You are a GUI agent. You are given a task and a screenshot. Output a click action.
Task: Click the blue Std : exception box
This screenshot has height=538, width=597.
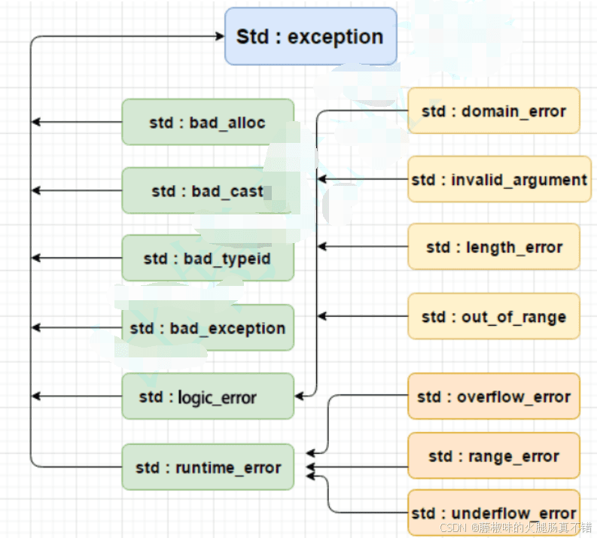pyautogui.click(x=311, y=36)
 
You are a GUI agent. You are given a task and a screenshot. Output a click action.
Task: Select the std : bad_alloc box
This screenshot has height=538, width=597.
pyautogui.click(x=208, y=122)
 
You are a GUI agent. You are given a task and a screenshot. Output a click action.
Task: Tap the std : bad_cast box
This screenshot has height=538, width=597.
pyautogui.click(x=208, y=190)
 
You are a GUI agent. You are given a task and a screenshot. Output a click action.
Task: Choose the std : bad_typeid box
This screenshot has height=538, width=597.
pyautogui.click(x=208, y=258)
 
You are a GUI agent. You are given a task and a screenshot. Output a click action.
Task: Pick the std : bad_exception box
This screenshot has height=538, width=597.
pyautogui.click(x=208, y=327)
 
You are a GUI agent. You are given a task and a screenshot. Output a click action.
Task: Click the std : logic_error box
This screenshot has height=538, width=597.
pyautogui.click(x=208, y=396)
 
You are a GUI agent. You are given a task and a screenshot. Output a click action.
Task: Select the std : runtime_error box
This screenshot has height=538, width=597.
pyautogui.click(x=208, y=467)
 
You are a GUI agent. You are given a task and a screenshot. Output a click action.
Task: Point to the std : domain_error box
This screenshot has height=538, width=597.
pyautogui.click(x=494, y=111)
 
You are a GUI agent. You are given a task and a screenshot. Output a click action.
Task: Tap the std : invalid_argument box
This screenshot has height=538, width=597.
pyautogui.click(x=500, y=179)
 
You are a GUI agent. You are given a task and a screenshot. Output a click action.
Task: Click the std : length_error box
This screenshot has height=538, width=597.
pyautogui.click(x=494, y=247)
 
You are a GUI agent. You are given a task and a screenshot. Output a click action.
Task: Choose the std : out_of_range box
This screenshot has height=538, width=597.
pyautogui.click(x=494, y=316)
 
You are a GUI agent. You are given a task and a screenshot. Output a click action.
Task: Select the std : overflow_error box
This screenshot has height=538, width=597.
pyautogui.click(x=494, y=396)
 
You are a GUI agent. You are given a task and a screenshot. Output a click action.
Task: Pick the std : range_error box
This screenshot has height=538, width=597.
pyautogui.click(x=494, y=455)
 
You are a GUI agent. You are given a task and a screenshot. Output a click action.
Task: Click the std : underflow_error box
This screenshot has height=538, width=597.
pyautogui.click(x=494, y=513)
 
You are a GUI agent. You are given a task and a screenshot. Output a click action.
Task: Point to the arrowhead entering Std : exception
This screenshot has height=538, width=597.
pyautogui.click(x=220, y=36)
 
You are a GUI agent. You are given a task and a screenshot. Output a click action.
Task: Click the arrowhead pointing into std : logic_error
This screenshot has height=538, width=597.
pyautogui.click(x=300, y=396)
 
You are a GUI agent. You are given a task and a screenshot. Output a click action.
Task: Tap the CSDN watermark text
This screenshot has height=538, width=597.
pyautogui.click(x=516, y=527)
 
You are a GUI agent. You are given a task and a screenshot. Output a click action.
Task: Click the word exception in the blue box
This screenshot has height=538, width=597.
pyautogui.click(x=335, y=38)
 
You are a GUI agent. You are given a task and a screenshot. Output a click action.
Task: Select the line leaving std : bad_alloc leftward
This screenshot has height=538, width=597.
pyautogui.click(x=77, y=122)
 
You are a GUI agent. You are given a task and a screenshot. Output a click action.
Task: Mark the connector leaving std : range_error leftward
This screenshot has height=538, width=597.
pyautogui.click(x=357, y=467)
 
